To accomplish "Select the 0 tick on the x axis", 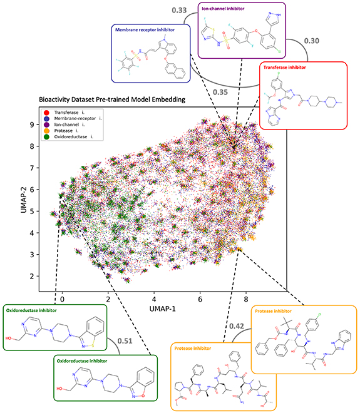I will [63, 291].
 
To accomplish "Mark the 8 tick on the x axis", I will [246, 291].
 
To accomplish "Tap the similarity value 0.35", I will [219, 92].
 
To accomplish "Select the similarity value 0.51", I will [124, 342].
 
